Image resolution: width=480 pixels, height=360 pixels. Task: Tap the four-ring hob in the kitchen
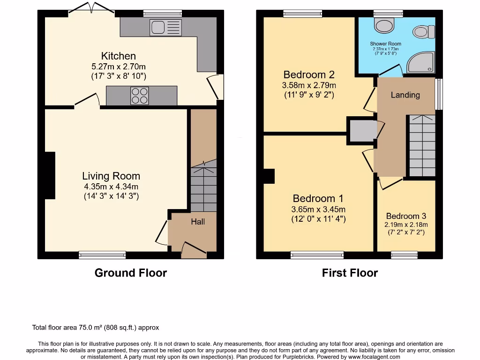[x=139, y=96]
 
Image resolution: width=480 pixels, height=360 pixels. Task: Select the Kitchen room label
[x=119, y=56]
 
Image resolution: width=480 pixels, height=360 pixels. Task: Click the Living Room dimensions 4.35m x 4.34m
[x=111, y=187]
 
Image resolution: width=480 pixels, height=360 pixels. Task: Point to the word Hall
[x=197, y=221]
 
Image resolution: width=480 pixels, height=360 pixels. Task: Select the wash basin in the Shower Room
[x=420, y=32]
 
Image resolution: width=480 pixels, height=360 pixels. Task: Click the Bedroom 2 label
[x=309, y=75]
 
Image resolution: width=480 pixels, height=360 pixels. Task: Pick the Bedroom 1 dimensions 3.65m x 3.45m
[x=318, y=209]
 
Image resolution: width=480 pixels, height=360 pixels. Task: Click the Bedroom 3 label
[x=406, y=216]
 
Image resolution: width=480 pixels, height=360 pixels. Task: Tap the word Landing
[x=405, y=95]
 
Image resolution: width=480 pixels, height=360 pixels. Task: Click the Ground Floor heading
[x=130, y=273]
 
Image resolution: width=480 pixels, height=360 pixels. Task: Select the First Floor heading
[x=350, y=273]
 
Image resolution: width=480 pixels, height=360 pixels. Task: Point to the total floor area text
[x=98, y=328]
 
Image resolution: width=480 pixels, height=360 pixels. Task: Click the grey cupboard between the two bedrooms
[x=361, y=130]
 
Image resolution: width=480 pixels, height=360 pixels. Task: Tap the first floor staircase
[x=422, y=145]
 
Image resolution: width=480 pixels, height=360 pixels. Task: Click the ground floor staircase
[x=203, y=187]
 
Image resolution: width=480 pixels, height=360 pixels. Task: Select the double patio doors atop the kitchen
[x=92, y=10]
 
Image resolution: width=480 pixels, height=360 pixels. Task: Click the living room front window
[x=102, y=255]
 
